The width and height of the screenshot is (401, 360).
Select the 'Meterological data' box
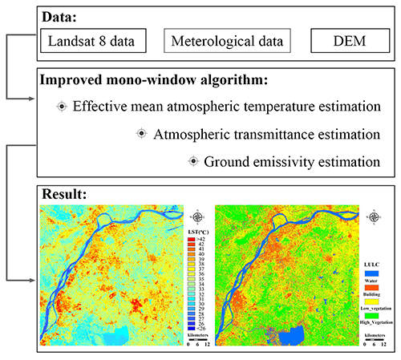[227, 38]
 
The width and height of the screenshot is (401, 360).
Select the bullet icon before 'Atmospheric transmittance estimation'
[142, 133]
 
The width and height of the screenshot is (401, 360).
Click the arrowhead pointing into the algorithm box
[31, 99]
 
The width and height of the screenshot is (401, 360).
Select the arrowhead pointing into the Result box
[31, 279]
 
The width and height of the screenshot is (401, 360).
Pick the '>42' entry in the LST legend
[192, 239]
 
